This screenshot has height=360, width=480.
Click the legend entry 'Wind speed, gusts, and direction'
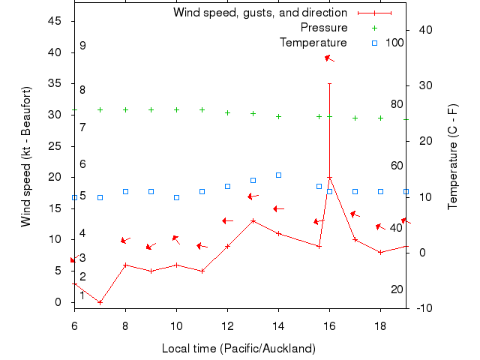click(259, 13)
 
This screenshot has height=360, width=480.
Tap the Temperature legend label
click(313, 43)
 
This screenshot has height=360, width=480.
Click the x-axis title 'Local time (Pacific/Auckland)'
click(238, 349)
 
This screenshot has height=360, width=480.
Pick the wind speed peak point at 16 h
click(329, 178)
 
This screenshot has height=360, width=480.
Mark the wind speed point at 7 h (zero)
click(100, 302)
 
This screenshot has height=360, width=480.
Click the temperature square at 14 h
click(278, 175)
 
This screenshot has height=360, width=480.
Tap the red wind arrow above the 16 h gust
click(329, 58)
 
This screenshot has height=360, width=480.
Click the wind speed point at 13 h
click(253, 220)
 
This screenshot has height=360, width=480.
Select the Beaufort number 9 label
click(82, 46)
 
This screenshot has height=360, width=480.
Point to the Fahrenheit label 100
click(394, 43)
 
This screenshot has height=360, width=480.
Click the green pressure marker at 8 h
click(125, 109)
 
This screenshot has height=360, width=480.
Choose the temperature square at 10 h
click(176, 197)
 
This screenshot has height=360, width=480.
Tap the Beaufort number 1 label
click(82, 295)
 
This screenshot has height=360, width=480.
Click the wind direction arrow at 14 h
click(278, 208)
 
